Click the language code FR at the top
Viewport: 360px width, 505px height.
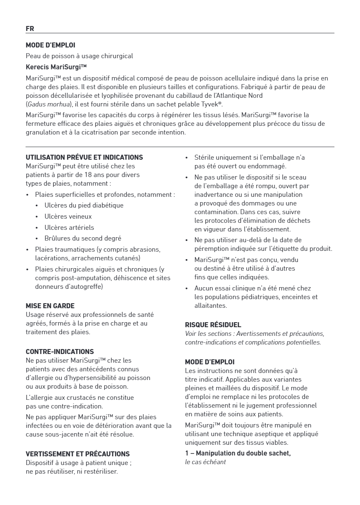coord(30,28)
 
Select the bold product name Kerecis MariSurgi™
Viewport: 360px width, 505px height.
coord(56,67)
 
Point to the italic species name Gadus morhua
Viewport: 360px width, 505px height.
coord(47,104)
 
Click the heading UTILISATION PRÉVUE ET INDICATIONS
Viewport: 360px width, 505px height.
coord(84,157)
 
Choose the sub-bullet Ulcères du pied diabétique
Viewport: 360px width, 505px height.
coord(84,205)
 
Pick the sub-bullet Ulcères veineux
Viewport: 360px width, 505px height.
coord(68,216)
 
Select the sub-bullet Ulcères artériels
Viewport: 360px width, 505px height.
coord(69,227)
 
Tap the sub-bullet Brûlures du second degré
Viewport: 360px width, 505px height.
coord(82,238)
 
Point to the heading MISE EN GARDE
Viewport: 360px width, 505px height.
coord(50,306)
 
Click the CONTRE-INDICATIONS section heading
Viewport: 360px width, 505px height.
coord(59,352)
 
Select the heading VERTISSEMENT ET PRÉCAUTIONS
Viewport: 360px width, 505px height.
coord(78,454)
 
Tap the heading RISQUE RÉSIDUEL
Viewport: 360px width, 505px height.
coord(213,325)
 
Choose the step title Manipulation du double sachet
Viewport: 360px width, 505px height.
coord(243,453)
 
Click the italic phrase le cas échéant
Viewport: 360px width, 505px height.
coord(205,462)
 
